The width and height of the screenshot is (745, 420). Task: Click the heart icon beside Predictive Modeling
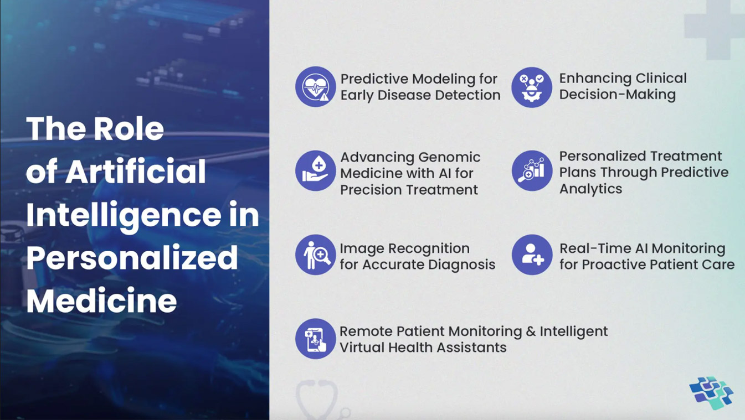click(x=315, y=87)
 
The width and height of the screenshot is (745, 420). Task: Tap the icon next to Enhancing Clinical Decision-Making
click(x=532, y=87)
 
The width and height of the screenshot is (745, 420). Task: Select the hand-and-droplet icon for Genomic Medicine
click(x=315, y=171)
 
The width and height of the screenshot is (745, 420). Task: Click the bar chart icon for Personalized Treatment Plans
click(x=532, y=171)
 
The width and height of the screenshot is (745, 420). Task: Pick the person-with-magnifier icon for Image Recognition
click(x=315, y=255)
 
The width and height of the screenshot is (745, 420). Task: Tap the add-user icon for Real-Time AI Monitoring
click(x=532, y=255)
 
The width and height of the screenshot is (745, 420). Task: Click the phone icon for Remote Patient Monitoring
click(x=315, y=339)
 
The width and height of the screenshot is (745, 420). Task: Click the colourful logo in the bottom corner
click(x=711, y=393)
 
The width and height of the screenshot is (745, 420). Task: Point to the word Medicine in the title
click(x=101, y=300)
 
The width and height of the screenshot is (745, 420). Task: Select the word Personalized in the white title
click(x=132, y=258)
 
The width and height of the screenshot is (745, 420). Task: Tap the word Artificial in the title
click(x=136, y=171)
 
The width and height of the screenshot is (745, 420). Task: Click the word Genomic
click(x=449, y=158)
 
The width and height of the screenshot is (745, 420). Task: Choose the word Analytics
click(x=590, y=189)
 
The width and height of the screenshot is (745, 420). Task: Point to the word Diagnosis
click(x=461, y=265)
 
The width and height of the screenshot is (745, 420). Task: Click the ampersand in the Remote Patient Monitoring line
click(x=531, y=331)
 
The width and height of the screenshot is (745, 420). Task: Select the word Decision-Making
click(x=617, y=95)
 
